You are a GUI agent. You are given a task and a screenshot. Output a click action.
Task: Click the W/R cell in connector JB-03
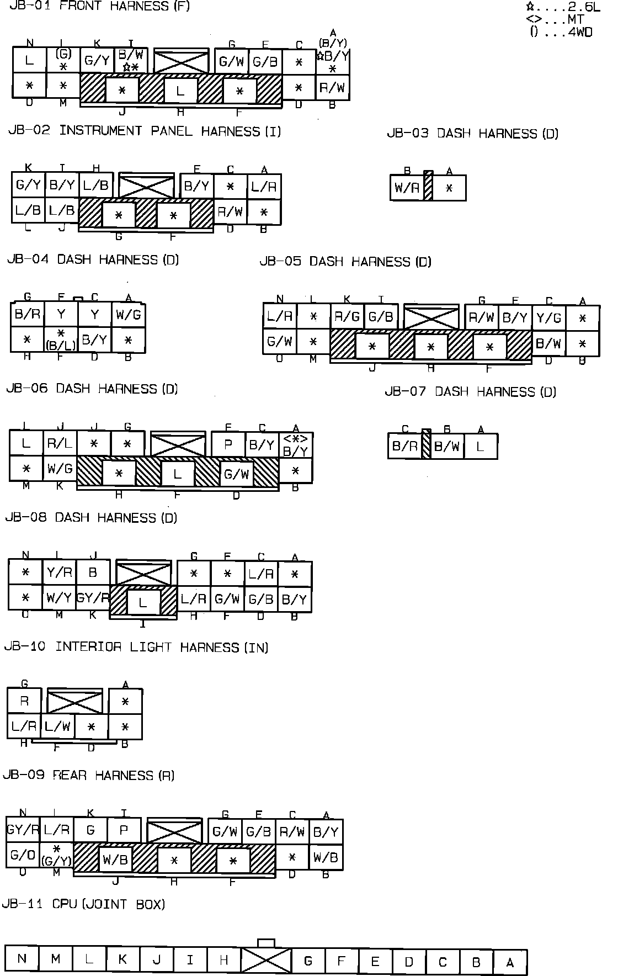click(x=407, y=188)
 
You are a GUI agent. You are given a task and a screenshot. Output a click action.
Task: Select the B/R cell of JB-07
click(x=404, y=446)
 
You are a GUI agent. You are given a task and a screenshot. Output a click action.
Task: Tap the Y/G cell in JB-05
click(x=548, y=317)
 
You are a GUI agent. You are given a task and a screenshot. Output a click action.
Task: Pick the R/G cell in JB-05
click(x=347, y=317)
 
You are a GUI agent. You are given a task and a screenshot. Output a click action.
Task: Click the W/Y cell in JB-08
click(x=58, y=598)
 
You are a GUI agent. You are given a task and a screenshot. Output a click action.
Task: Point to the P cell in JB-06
click(x=228, y=444)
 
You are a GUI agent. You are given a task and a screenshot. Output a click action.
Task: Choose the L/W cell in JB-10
click(x=57, y=726)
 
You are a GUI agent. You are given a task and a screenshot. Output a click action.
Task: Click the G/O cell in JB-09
click(x=23, y=855)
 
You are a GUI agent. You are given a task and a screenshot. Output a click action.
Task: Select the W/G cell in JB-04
click(x=128, y=315)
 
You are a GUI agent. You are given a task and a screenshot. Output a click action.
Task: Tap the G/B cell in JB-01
click(x=265, y=61)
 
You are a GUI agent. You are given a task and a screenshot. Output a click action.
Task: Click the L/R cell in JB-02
click(x=263, y=186)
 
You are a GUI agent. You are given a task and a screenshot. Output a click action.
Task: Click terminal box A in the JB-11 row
click(x=510, y=962)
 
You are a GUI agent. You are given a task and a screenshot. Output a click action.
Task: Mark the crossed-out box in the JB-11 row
click(x=266, y=961)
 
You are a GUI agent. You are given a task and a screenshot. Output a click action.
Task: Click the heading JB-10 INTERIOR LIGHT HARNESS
click(x=136, y=646)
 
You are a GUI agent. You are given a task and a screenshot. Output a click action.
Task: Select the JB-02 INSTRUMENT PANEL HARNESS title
click(x=145, y=131)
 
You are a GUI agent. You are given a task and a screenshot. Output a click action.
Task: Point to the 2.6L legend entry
click(x=563, y=7)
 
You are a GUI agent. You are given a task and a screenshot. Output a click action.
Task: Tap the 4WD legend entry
click(x=561, y=32)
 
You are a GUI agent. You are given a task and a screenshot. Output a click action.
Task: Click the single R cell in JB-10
click(x=24, y=701)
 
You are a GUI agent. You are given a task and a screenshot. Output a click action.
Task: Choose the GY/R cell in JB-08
click(x=92, y=598)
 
